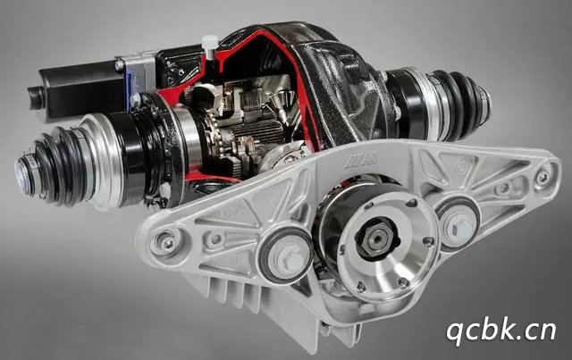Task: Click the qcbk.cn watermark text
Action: click(x=501, y=331)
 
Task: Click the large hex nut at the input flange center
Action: click(x=375, y=238)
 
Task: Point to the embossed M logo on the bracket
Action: click(x=361, y=160)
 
